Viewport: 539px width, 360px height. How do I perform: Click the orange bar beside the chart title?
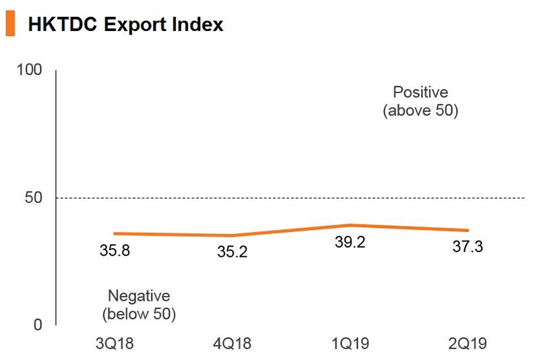(11, 25)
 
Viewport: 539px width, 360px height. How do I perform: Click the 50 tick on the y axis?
(34, 198)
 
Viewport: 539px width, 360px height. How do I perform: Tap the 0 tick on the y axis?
(38, 325)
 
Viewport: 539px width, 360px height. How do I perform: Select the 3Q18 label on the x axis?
(115, 344)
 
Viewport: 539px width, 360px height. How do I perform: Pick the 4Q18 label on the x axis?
(232, 344)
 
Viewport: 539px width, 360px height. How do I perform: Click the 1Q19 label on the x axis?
(350, 344)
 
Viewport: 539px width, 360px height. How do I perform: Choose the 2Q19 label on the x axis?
(467, 344)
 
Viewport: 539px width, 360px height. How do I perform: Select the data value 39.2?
(350, 243)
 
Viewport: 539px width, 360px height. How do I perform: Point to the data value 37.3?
(468, 247)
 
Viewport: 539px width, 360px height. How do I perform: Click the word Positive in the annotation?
(420, 92)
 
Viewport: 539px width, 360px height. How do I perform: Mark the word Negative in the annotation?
(139, 296)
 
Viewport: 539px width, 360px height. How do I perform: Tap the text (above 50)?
(420, 111)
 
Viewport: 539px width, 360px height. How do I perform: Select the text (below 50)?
(139, 313)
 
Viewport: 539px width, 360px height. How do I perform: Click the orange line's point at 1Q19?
(350, 225)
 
